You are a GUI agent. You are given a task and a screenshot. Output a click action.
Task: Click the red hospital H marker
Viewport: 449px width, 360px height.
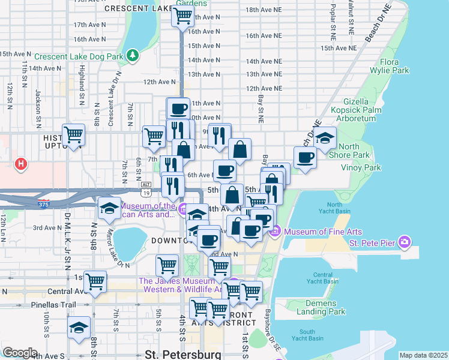click(21, 163)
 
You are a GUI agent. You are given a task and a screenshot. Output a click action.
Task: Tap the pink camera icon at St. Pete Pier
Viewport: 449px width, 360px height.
click(405, 242)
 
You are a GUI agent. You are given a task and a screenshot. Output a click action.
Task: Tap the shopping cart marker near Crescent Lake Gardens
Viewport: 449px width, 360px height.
click(182, 16)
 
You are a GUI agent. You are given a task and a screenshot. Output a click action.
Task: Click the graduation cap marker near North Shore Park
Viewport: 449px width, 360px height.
click(325, 139)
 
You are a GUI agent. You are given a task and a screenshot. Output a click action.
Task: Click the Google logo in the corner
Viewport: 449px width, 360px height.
click(20, 353)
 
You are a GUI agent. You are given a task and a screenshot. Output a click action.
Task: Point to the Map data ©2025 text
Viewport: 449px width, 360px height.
click(423, 355)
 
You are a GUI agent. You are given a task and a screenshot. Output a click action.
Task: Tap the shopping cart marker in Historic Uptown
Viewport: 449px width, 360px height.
click(73, 135)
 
